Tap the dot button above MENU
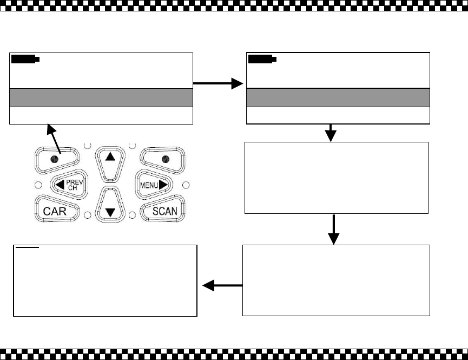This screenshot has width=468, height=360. point(166,159)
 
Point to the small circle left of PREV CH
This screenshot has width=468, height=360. point(38,185)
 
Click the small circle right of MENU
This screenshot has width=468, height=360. point(186,185)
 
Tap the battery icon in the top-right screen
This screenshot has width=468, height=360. point(262,59)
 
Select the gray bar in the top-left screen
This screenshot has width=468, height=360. point(101,97)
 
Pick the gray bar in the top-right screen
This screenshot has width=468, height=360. point(338,97)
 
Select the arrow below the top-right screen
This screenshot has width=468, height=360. point(331,133)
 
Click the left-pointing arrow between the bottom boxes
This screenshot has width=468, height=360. point(222,285)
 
